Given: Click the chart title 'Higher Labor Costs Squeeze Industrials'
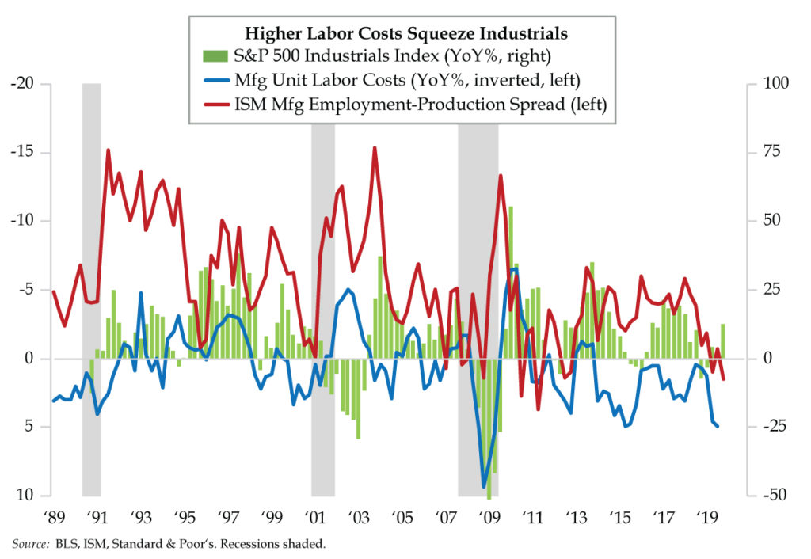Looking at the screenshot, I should (x=405, y=33).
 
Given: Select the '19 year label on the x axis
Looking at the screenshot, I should (x=707, y=519).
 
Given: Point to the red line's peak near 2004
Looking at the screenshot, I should (x=375, y=148).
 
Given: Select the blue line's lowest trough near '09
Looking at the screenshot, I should (x=484, y=487).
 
